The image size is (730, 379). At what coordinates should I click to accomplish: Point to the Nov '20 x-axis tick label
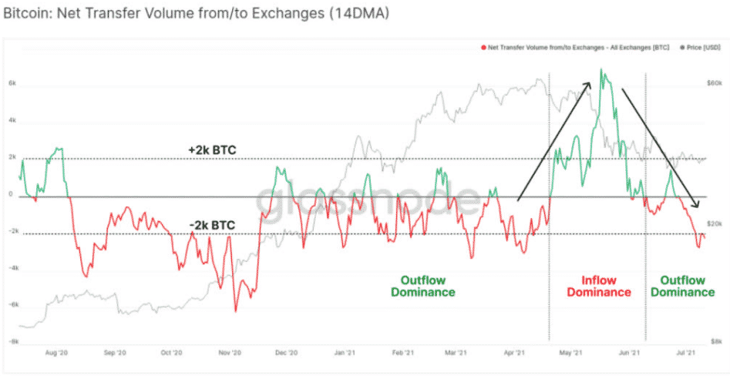tap(230, 353)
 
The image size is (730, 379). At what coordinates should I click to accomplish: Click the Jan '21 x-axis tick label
tap(343, 353)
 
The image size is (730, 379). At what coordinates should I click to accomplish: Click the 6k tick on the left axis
tap(12, 82)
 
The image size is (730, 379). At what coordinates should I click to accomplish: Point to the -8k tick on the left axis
tap(12, 340)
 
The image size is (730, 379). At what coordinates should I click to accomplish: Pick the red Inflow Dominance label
tap(598, 287)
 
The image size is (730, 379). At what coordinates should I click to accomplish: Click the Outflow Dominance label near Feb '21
tap(422, 287)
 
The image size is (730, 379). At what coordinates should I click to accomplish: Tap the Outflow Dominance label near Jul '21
tap(682, 287)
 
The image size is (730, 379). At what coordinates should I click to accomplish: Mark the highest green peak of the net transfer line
tap(602, 71)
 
